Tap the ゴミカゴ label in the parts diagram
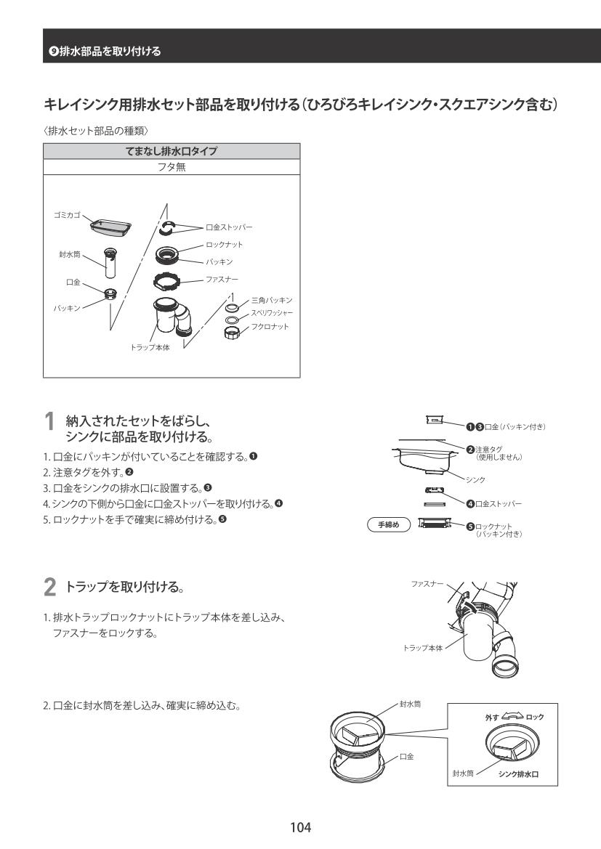(67, 216)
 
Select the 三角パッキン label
(271, 300)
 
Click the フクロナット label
(270, 327)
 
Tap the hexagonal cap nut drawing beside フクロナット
(235, 332)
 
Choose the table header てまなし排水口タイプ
(172, 151)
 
